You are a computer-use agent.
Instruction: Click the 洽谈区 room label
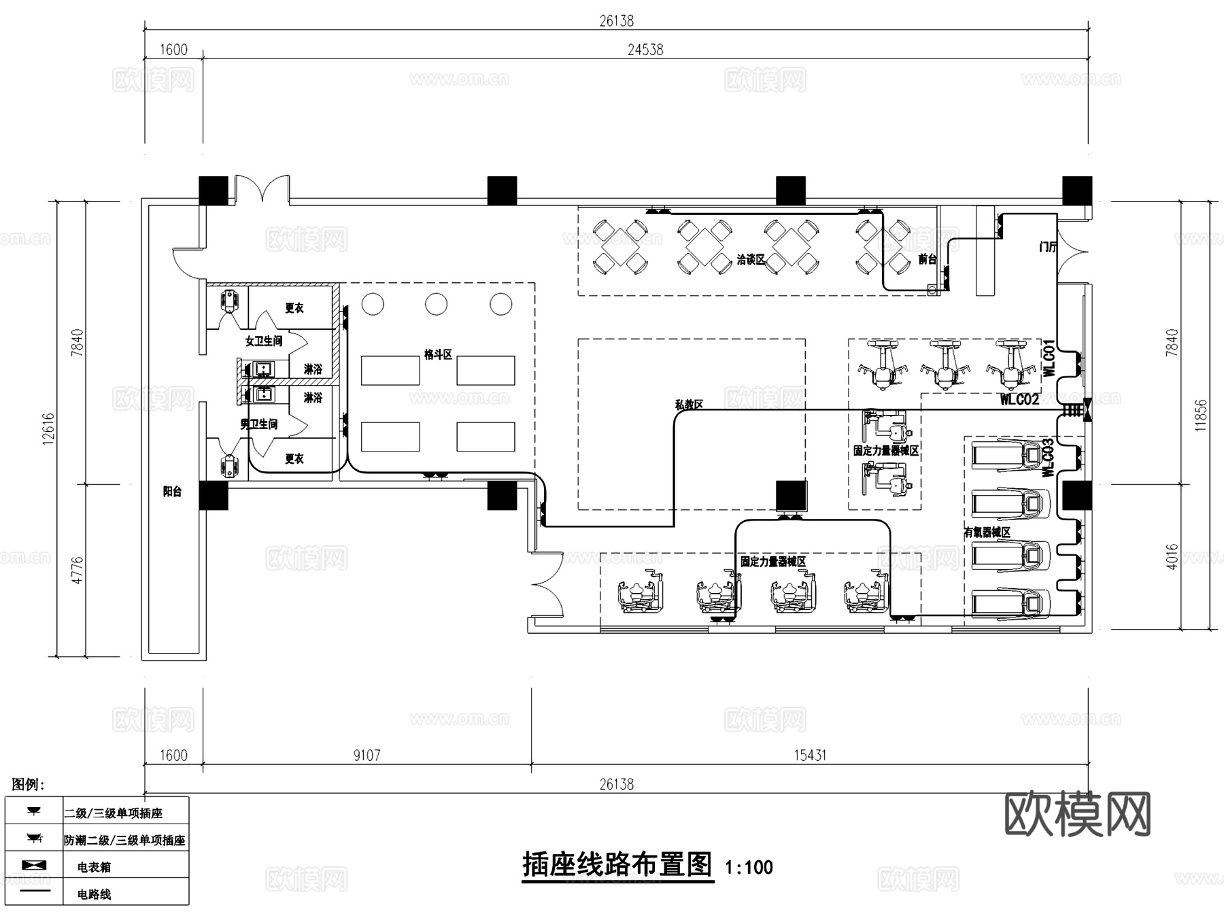click(751, 260)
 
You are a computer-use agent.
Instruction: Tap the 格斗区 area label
click(438, 354)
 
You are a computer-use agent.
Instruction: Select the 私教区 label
click(689, 404)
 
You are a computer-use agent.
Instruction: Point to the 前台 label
click(928, 259)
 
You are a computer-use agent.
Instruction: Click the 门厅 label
click(1048, 247)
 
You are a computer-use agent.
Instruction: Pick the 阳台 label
click(172, 491)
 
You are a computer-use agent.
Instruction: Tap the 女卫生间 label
click(264, 341)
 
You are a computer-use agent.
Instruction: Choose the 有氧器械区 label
click(987, 532)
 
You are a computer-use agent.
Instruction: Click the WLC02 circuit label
click(1019, 400)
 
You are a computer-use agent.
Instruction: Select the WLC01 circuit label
click(1049, 358)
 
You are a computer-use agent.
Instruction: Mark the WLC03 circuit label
click(1048, 457)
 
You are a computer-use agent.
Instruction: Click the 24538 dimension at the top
click(645, 50)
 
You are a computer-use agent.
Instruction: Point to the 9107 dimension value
click(367, 756)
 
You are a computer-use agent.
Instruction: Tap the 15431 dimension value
click(810, 756)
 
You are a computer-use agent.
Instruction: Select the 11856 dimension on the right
click(1201, 415)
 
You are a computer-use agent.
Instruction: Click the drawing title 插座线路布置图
click(617, 865)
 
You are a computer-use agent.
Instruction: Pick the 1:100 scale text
click(749, 868)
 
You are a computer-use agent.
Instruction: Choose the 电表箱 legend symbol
click(34, 865)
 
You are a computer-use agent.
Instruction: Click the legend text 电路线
click(94, 894)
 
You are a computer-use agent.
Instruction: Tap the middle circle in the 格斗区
click(437, 304)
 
